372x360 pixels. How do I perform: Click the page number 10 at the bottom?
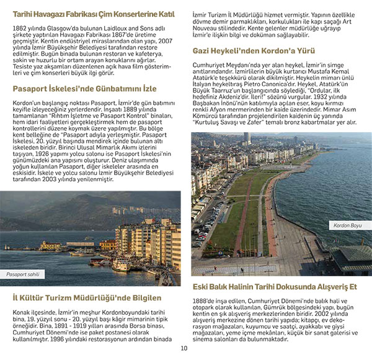[184, 348]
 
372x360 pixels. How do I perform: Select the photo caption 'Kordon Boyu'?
[347, 225]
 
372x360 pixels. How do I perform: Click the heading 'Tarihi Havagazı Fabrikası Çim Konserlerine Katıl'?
[94, 13]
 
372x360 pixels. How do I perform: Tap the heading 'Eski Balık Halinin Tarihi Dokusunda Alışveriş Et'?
[275, 287]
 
